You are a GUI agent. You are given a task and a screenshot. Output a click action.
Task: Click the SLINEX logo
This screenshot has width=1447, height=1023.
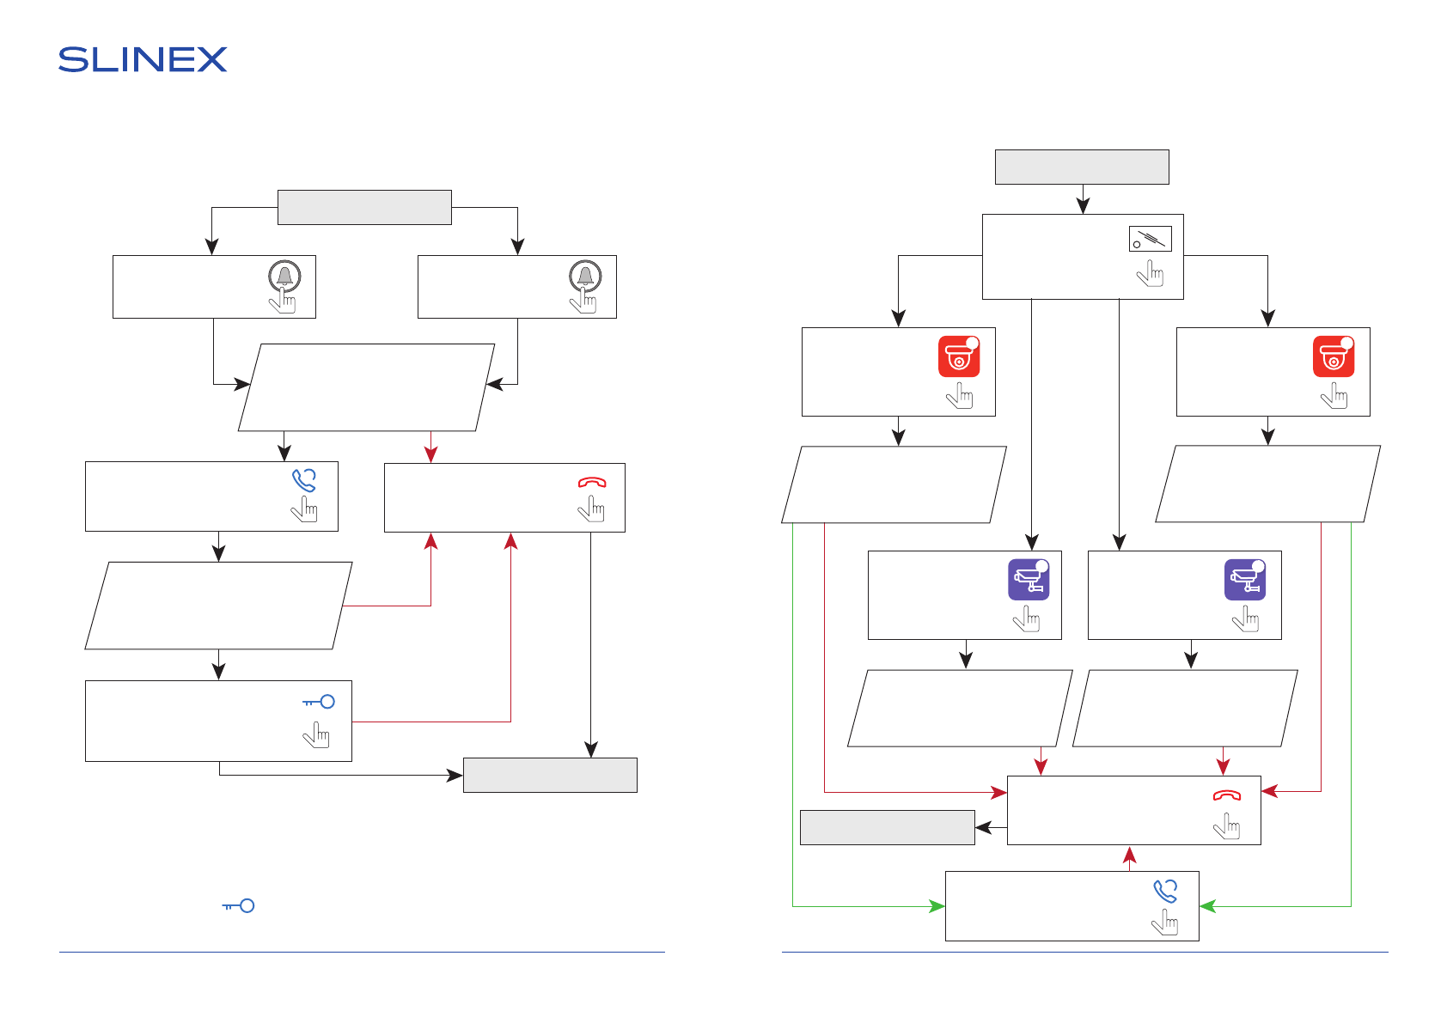point(143,59)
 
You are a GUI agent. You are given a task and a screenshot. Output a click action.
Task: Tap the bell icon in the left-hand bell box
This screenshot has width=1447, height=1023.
point(285,277)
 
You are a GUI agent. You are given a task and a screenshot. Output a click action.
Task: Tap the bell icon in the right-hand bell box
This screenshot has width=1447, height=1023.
point(585,277)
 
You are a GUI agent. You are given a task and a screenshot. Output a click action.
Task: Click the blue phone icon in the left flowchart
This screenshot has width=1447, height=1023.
point(304,480)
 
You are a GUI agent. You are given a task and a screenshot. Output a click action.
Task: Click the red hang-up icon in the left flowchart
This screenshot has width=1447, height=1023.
point(592,483)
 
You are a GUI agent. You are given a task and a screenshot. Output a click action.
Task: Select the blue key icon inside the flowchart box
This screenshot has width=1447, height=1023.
point(319,702)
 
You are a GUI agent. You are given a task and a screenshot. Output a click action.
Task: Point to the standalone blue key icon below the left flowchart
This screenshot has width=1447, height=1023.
point(238,906)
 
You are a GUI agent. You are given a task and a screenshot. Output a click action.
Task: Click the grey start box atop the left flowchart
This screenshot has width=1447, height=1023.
point(364,207)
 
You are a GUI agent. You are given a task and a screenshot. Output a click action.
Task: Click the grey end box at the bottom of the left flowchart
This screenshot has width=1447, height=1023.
point(551,775)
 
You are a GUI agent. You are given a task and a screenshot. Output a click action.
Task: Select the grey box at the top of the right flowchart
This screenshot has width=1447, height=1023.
point(1082,167)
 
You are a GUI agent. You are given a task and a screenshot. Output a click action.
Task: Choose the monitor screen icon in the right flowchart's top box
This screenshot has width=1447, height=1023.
point(1150,239)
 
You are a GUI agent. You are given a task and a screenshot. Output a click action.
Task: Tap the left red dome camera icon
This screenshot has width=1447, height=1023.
point(959,356)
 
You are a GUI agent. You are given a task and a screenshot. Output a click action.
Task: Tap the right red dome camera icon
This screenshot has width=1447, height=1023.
point(1334,356)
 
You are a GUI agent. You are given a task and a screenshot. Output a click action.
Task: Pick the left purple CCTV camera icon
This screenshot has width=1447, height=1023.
point(1029,579)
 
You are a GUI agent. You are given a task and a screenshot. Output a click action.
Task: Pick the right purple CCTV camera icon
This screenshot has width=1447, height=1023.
point(1245,579)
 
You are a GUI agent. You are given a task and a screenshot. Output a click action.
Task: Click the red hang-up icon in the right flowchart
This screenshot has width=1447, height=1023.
point(1227,795)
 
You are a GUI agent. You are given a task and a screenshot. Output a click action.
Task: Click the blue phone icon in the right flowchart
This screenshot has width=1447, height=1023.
point(1166,892)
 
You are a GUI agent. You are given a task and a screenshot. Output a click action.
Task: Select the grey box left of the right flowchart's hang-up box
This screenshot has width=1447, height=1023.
point(888,827)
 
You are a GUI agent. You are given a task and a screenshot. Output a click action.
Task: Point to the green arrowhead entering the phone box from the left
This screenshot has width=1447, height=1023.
point(937,906)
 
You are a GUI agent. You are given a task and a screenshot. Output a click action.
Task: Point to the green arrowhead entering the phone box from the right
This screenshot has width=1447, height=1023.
point(1208,906)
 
